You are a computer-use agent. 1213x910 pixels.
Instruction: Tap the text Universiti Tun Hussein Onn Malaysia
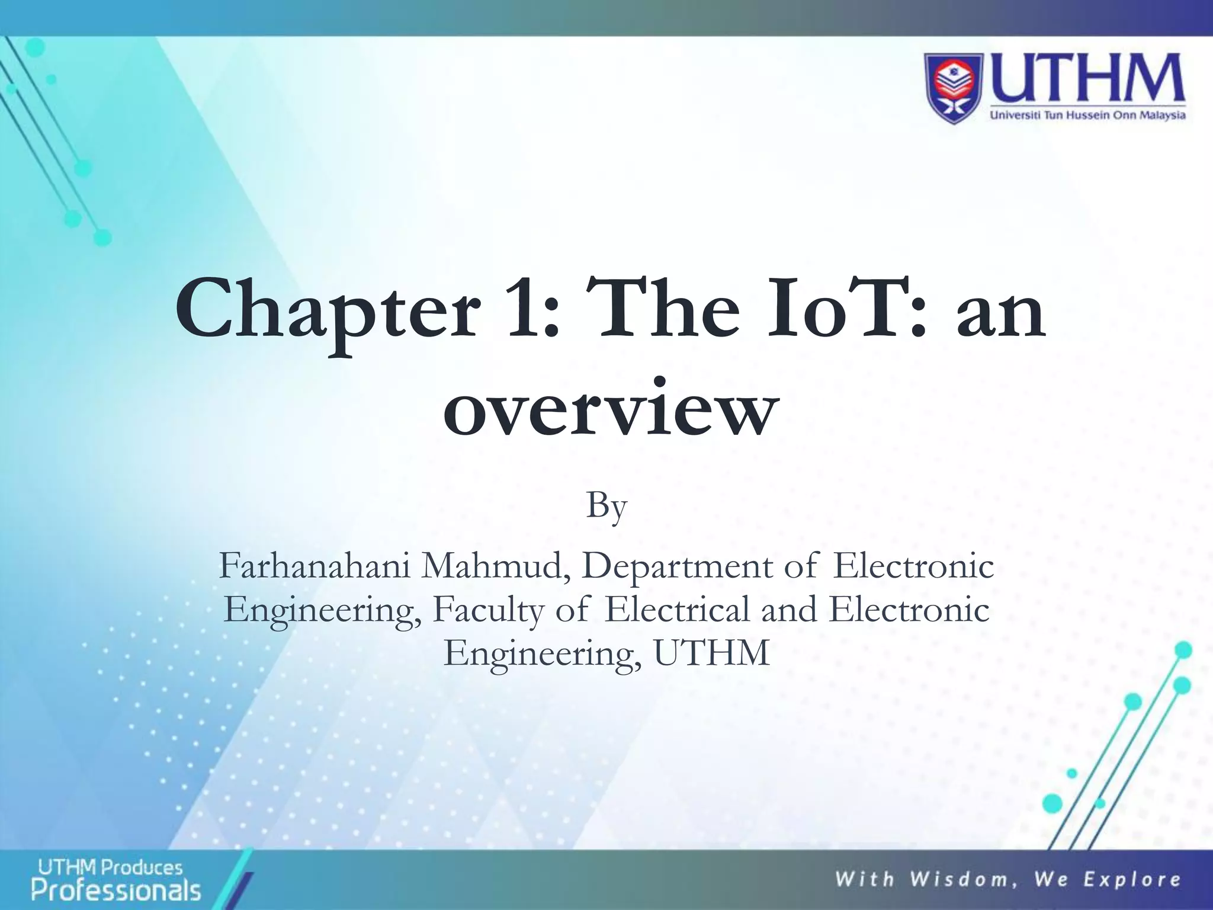tap(1088, 115)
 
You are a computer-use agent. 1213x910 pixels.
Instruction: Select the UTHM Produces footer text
tap(110, 868)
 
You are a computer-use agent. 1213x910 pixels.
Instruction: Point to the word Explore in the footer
tap(1132, 879)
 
